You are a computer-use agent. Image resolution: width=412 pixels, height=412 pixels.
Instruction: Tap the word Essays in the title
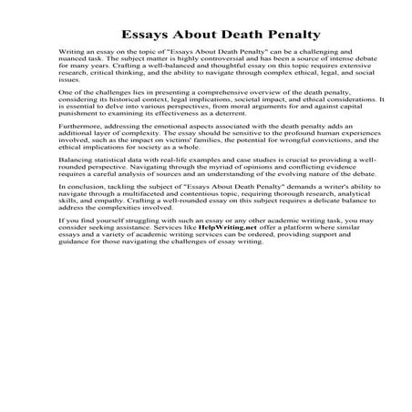[x=125, y=36]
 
